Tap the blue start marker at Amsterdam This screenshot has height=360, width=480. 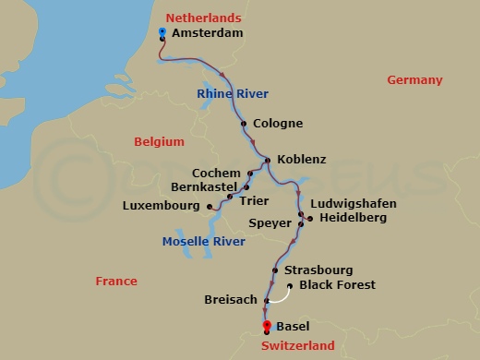click(x=162, y=32)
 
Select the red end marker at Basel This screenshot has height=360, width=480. click(x=267, y=325)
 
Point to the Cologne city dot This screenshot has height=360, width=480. click(x=244, y=124)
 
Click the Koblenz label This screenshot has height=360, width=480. click(x=301, y=160)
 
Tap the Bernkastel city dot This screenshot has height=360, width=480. click(x=246, y=187)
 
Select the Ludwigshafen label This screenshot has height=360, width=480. click(x=354, y=203)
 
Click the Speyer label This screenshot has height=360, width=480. click(x=270, y=222)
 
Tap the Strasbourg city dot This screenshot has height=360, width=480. click(x=275, y=270)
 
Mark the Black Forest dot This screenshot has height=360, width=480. click(x=291, y=285)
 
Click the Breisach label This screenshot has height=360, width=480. click(x=231, y=300)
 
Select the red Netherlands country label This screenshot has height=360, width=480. click(x=203, y=18)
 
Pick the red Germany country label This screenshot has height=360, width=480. click(x=414, y=80)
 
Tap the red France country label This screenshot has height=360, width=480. click(x=116, y=282)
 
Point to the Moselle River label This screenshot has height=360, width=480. click(x=203, y=242)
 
